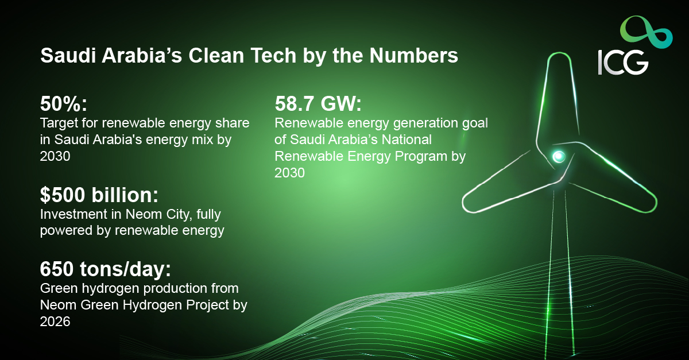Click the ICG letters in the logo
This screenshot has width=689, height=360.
(623, 63)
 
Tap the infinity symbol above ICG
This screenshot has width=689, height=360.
(647, 33)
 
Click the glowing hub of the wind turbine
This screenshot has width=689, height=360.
(559, 156)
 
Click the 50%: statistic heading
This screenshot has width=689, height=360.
(64, 104)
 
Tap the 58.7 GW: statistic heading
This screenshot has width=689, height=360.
(318, 103)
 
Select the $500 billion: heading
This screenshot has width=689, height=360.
(99, 195)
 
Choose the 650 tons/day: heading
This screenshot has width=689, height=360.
(105, 269)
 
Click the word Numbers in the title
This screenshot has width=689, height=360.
(414, 55)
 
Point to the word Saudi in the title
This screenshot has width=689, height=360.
(68, 55)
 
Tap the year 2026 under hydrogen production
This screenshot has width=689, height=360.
(55, 322)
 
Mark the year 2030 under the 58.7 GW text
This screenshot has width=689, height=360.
(289, 173)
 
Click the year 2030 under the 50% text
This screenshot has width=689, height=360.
(55, 156)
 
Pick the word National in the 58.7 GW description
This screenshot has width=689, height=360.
(407, 140)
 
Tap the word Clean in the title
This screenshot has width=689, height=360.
(216, 55)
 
